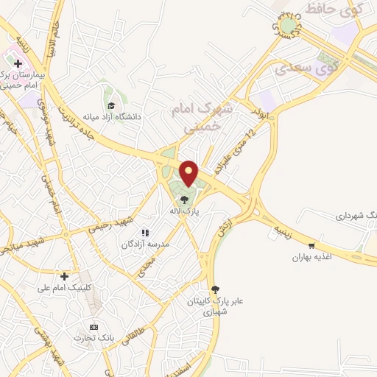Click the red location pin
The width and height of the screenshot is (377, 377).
[189, 172]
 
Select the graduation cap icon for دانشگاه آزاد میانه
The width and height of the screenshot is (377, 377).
[111, 105]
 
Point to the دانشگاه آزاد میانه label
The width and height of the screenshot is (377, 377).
[111, 116]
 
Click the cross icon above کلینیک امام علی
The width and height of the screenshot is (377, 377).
[65, 276]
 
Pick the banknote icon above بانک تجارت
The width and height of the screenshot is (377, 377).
[93, 326]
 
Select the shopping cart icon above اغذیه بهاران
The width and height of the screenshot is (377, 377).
[313, 246]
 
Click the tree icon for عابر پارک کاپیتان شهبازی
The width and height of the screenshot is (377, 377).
[215, 289]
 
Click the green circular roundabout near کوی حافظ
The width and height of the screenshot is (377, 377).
[289, 27]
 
